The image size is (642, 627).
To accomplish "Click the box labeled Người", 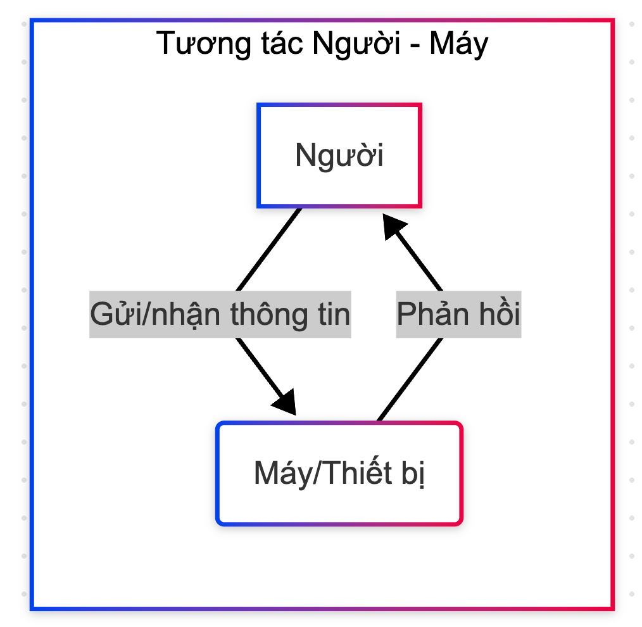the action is coord(339,156).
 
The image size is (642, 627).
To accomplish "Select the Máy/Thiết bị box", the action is coord(339,473).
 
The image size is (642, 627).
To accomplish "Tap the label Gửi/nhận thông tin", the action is coord(220,314).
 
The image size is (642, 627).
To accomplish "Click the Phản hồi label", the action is coord(458,314).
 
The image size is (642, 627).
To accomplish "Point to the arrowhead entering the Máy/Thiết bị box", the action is coord(286,402).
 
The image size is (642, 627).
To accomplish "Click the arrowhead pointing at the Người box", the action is coord(393,225).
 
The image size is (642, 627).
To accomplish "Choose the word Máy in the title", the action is coord(459,44).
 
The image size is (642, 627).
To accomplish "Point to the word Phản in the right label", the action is coord(430,314).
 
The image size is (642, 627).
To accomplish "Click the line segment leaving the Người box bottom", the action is coord(268,249).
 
